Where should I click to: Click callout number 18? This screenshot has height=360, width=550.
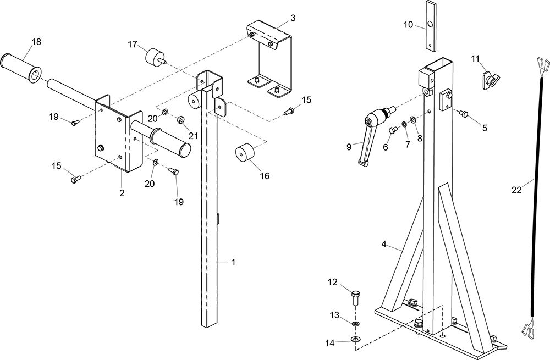point(36,42)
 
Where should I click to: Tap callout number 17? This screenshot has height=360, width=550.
point(132,45)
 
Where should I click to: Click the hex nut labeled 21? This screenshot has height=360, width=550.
point(179,119)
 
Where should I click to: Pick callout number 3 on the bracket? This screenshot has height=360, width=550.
point(293,18)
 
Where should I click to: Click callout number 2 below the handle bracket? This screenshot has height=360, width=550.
point(122,193)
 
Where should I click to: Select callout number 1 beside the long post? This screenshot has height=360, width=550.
point(233,262)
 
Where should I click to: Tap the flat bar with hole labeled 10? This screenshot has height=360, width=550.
point(430,25)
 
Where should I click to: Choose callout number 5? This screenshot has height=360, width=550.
point(485,128)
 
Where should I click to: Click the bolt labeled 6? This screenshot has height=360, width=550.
point(393,130)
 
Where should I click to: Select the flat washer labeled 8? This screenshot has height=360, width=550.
point(413,120)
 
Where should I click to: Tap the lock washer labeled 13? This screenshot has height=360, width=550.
point(356,323)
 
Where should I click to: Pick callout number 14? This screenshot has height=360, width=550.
point(329,343)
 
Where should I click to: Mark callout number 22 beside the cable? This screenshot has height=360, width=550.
point(516,190)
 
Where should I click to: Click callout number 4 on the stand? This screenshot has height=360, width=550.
point(384,245)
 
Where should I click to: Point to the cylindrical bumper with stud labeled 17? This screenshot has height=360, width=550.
point(155,58)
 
